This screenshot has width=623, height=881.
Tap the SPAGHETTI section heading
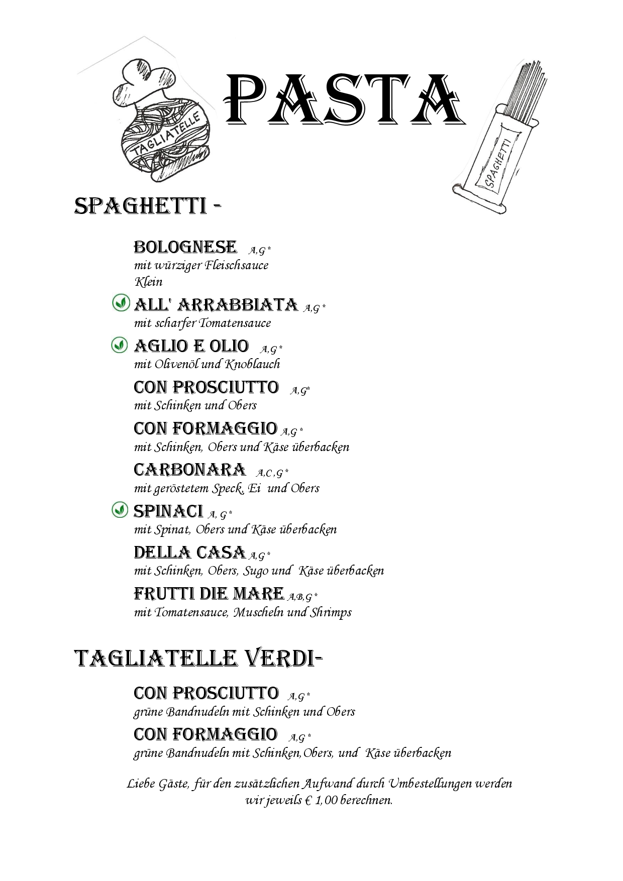(x=141, y=206)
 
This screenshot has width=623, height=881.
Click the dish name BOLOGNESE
(x=185, y=247)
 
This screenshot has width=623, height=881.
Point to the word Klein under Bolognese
(x=148, y=282)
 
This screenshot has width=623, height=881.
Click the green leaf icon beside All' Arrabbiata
(x=120, y=303)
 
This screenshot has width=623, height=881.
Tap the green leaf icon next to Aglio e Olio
(x=119, y=345)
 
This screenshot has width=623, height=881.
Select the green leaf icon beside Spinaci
(x=119, y=510)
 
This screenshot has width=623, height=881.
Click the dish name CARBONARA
(x=189, y=470)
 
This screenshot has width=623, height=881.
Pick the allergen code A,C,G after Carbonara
(x=272, y=473)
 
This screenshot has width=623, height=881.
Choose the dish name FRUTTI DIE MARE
(x=209, y=594)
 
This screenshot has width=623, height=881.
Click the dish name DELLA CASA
(x=189, y=553)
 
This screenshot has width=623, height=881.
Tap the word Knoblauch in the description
(x=253, y=364)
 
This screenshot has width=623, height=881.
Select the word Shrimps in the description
(x=331, y=612)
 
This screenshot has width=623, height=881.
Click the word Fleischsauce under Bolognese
(x=237, y=265)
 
